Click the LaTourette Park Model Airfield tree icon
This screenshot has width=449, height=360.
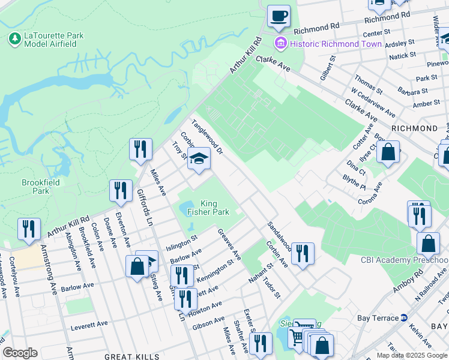pos(14,39)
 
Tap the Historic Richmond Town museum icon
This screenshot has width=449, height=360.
pos(279,44)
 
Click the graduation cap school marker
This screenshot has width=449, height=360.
pos(199,160)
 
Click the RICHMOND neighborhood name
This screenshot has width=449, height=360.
pos(414,128)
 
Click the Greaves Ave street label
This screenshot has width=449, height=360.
pos(229,244)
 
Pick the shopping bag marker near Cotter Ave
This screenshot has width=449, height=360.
pos(388,152)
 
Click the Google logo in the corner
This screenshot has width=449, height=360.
pos(20,353)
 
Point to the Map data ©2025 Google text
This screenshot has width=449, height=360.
pos(412,355)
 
